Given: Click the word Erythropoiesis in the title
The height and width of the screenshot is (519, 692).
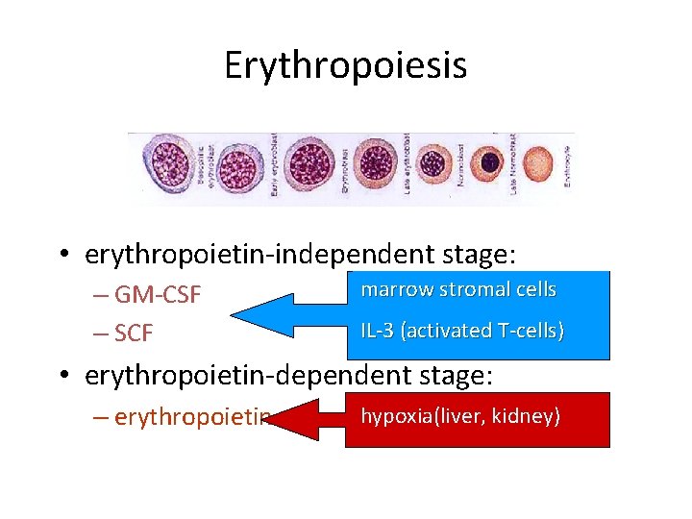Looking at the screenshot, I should tap(345, 66).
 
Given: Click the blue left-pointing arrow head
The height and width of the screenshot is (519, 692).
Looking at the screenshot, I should tap(259, 312).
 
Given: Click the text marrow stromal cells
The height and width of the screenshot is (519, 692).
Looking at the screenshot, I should tap(458, 289).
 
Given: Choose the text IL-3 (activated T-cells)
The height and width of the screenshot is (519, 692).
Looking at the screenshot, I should tap(462, 331).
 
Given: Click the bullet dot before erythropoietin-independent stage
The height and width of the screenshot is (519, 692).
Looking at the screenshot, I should tap(62, 256).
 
